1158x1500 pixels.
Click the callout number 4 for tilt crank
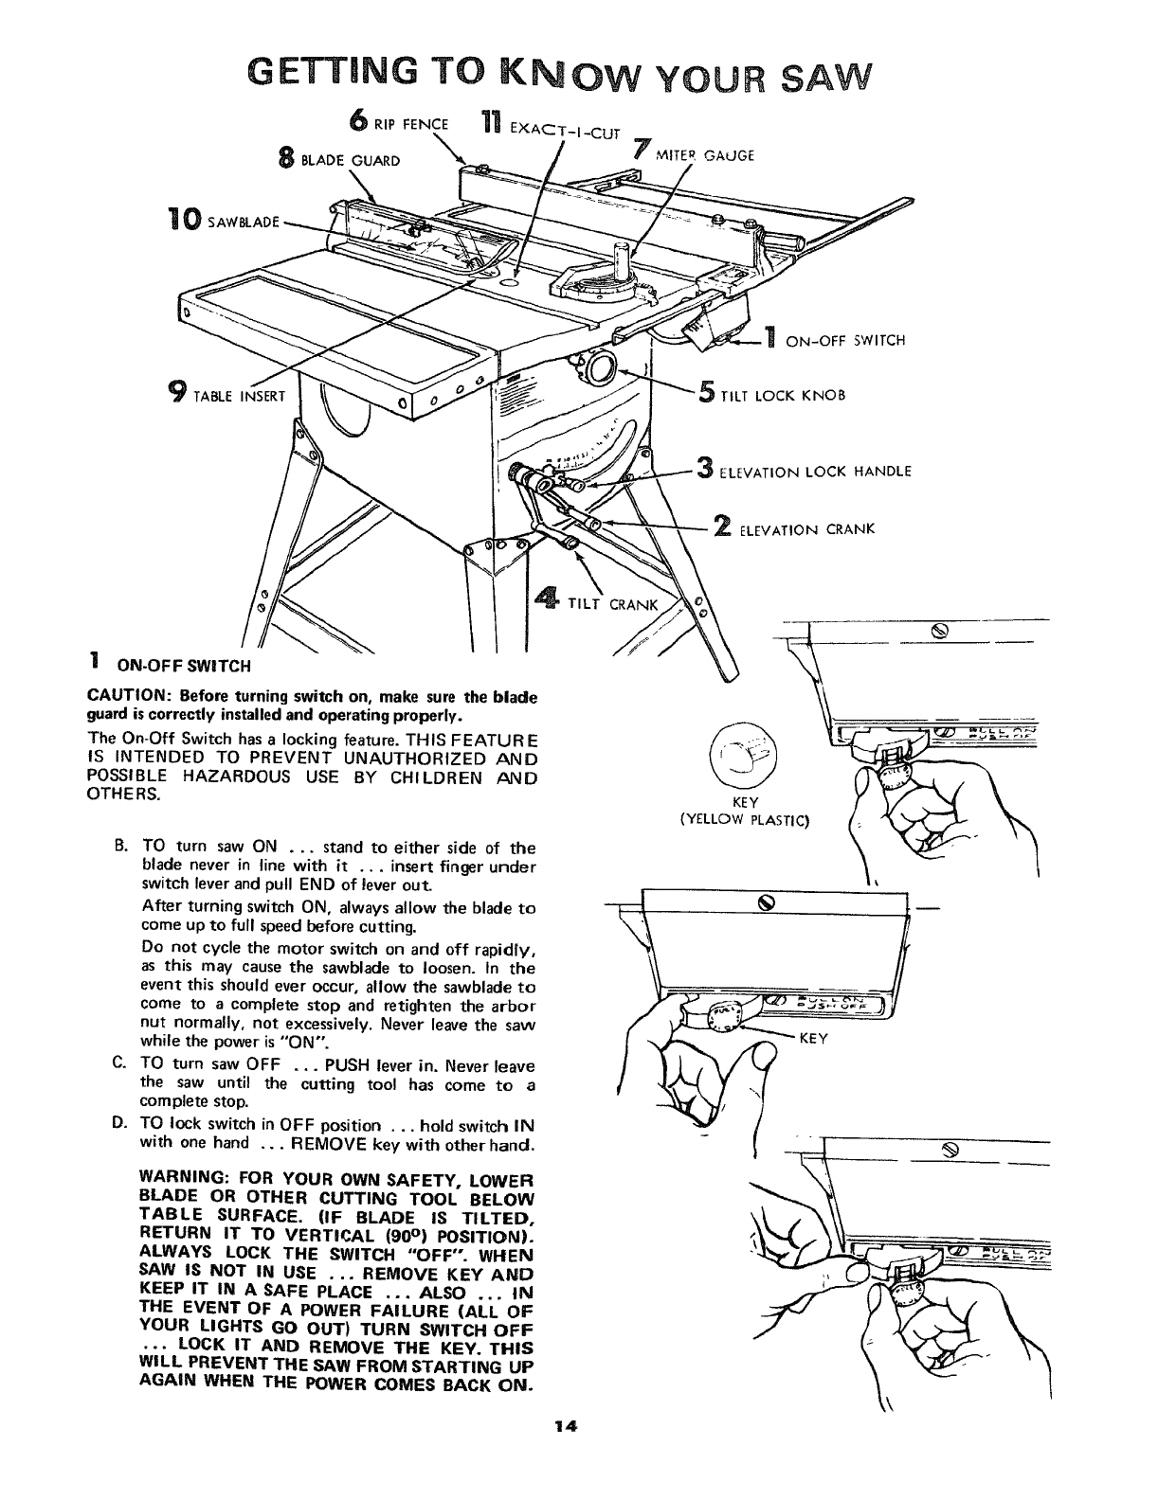click(547, 599)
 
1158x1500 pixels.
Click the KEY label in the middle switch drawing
click(814, 1038)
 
